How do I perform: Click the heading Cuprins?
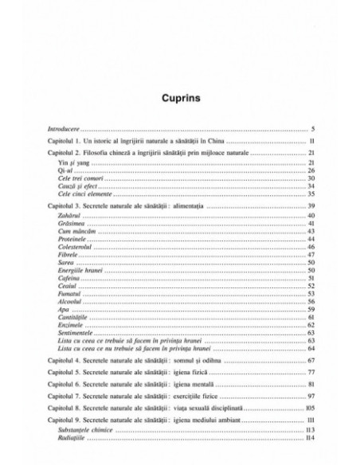179,100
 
